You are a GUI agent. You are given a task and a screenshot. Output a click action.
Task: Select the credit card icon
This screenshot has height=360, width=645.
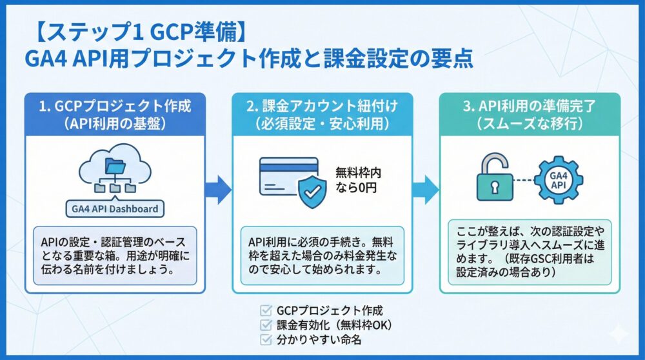tap(288, 172)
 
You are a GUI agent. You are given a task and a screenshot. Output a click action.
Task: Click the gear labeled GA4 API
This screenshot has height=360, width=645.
tap(559, 177)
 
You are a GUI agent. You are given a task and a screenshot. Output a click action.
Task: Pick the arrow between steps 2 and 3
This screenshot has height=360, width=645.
tap(426, 188)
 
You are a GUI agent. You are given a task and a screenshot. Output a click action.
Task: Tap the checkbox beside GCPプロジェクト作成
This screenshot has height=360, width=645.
tap(263, 310)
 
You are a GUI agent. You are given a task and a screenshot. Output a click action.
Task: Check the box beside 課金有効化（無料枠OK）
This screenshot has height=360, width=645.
tap(263, 324)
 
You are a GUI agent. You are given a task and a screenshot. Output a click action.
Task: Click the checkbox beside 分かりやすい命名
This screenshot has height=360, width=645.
tap(263, 338)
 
